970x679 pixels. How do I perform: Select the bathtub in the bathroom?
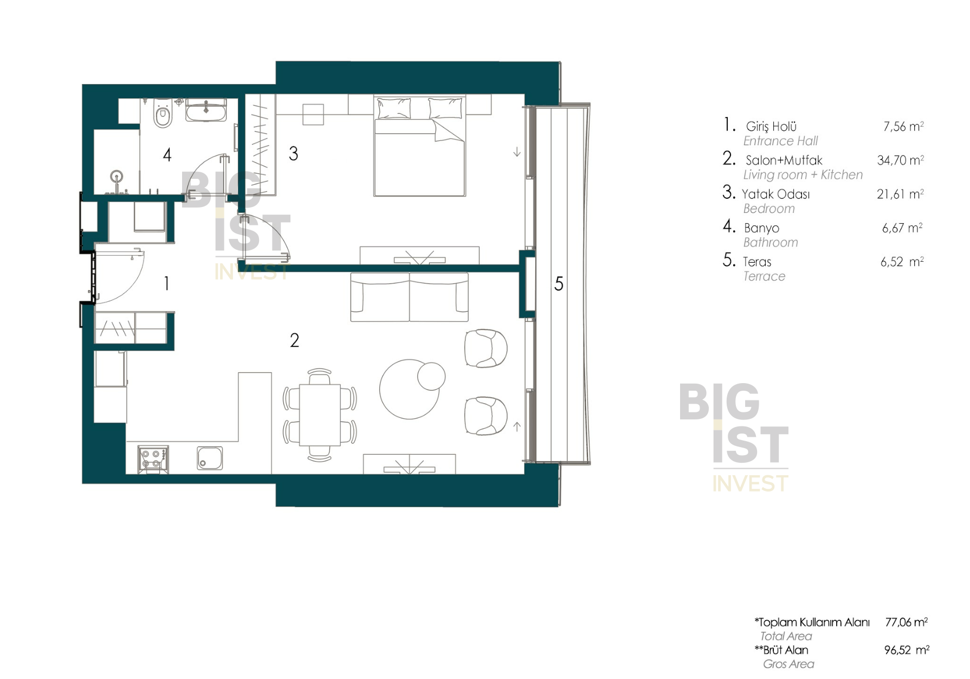[206, 110]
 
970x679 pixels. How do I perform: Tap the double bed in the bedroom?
[419, 146]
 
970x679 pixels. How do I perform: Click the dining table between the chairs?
[320, 415]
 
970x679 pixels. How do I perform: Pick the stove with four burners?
[153, 459]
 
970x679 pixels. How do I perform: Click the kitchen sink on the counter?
[210, 458]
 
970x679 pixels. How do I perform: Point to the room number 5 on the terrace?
[559, 284]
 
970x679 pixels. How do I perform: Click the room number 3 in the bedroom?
[293, 154]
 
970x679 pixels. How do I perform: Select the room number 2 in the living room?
[294, 340]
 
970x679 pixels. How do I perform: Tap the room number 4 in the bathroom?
[167, 155]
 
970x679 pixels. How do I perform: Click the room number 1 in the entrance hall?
[166, 283]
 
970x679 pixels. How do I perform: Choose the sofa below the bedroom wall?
[409, 297]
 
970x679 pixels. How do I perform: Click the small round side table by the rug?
[431, 376]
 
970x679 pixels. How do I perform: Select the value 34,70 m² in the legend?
[900, 160]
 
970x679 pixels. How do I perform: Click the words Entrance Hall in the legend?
[780, 141]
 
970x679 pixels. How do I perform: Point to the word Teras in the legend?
[757, 262]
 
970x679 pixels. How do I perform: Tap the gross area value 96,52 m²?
[907, 650]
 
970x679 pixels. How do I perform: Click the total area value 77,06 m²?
[906, 622]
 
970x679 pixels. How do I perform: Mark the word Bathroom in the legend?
[771, 242]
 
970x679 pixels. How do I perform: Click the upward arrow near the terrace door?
[517, 426]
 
